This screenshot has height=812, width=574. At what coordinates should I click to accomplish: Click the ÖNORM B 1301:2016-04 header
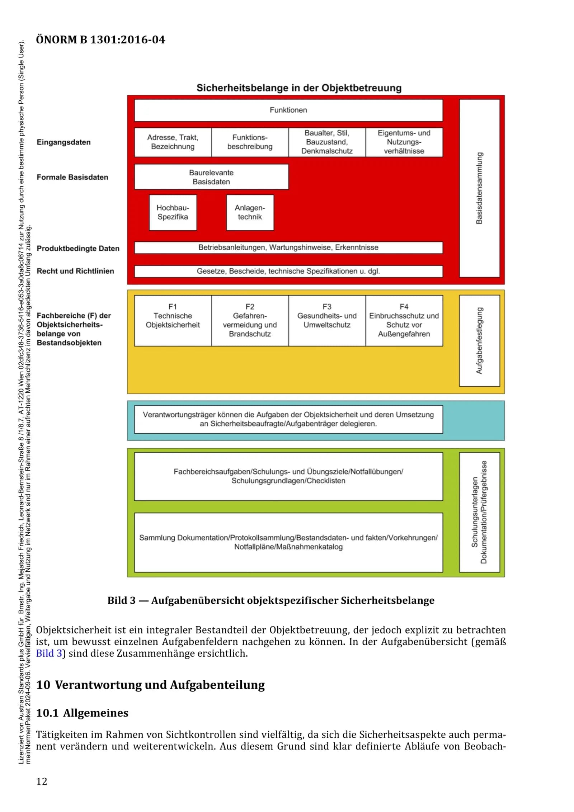pos(100,40)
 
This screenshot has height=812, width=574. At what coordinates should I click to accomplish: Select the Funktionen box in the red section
pos(288,110)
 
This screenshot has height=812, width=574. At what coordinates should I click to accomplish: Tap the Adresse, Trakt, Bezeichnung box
pos(173,142)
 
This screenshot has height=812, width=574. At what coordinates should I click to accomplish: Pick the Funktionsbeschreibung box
pos(250,142)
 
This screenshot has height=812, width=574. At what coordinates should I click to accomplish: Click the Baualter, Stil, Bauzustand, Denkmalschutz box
pos(327,142)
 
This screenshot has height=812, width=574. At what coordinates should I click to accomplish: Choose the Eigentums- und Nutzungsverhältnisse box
pos(404,142)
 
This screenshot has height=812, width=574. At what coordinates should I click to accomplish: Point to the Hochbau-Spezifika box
pos(173,212)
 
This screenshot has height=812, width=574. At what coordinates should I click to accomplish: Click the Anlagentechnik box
pos(250,212)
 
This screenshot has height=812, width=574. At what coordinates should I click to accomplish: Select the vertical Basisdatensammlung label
pos(479,188)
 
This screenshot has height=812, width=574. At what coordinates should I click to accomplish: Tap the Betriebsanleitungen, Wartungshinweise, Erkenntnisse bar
pos(288,247)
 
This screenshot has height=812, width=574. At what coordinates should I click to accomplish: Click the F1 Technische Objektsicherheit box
pos(173,320)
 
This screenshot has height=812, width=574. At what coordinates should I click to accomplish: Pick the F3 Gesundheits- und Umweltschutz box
pos(327,320)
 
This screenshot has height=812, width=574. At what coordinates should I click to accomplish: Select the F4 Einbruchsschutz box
pos(404,320)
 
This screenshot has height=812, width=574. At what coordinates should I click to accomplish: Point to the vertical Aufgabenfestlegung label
pos(479,340)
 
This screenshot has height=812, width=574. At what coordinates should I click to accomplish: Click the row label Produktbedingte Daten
pos(78,249)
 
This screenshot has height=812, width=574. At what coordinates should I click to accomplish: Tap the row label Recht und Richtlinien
pos(75,271)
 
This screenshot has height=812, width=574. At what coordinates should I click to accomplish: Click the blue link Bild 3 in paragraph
pos(49,653)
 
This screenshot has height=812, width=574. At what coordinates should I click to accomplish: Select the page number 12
pos(42,782)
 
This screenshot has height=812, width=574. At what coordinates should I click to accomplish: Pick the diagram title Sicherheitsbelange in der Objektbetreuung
pos(299,88)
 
